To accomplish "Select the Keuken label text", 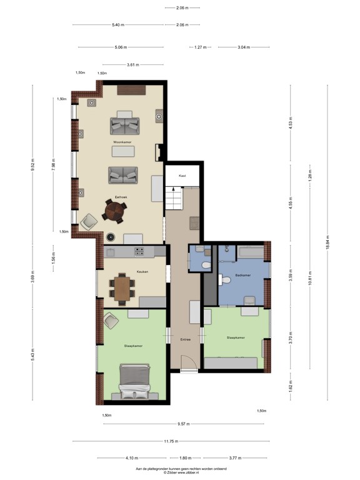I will click(142, 272).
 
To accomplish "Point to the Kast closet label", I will click(182, 176).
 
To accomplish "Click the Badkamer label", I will click(243, 275).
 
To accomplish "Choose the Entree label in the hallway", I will click(185, 339).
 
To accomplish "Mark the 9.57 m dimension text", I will click(183, 424).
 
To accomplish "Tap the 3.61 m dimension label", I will click(132, 64).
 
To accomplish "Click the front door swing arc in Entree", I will click(187, 363).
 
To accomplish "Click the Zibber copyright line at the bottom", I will click(181, 472).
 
